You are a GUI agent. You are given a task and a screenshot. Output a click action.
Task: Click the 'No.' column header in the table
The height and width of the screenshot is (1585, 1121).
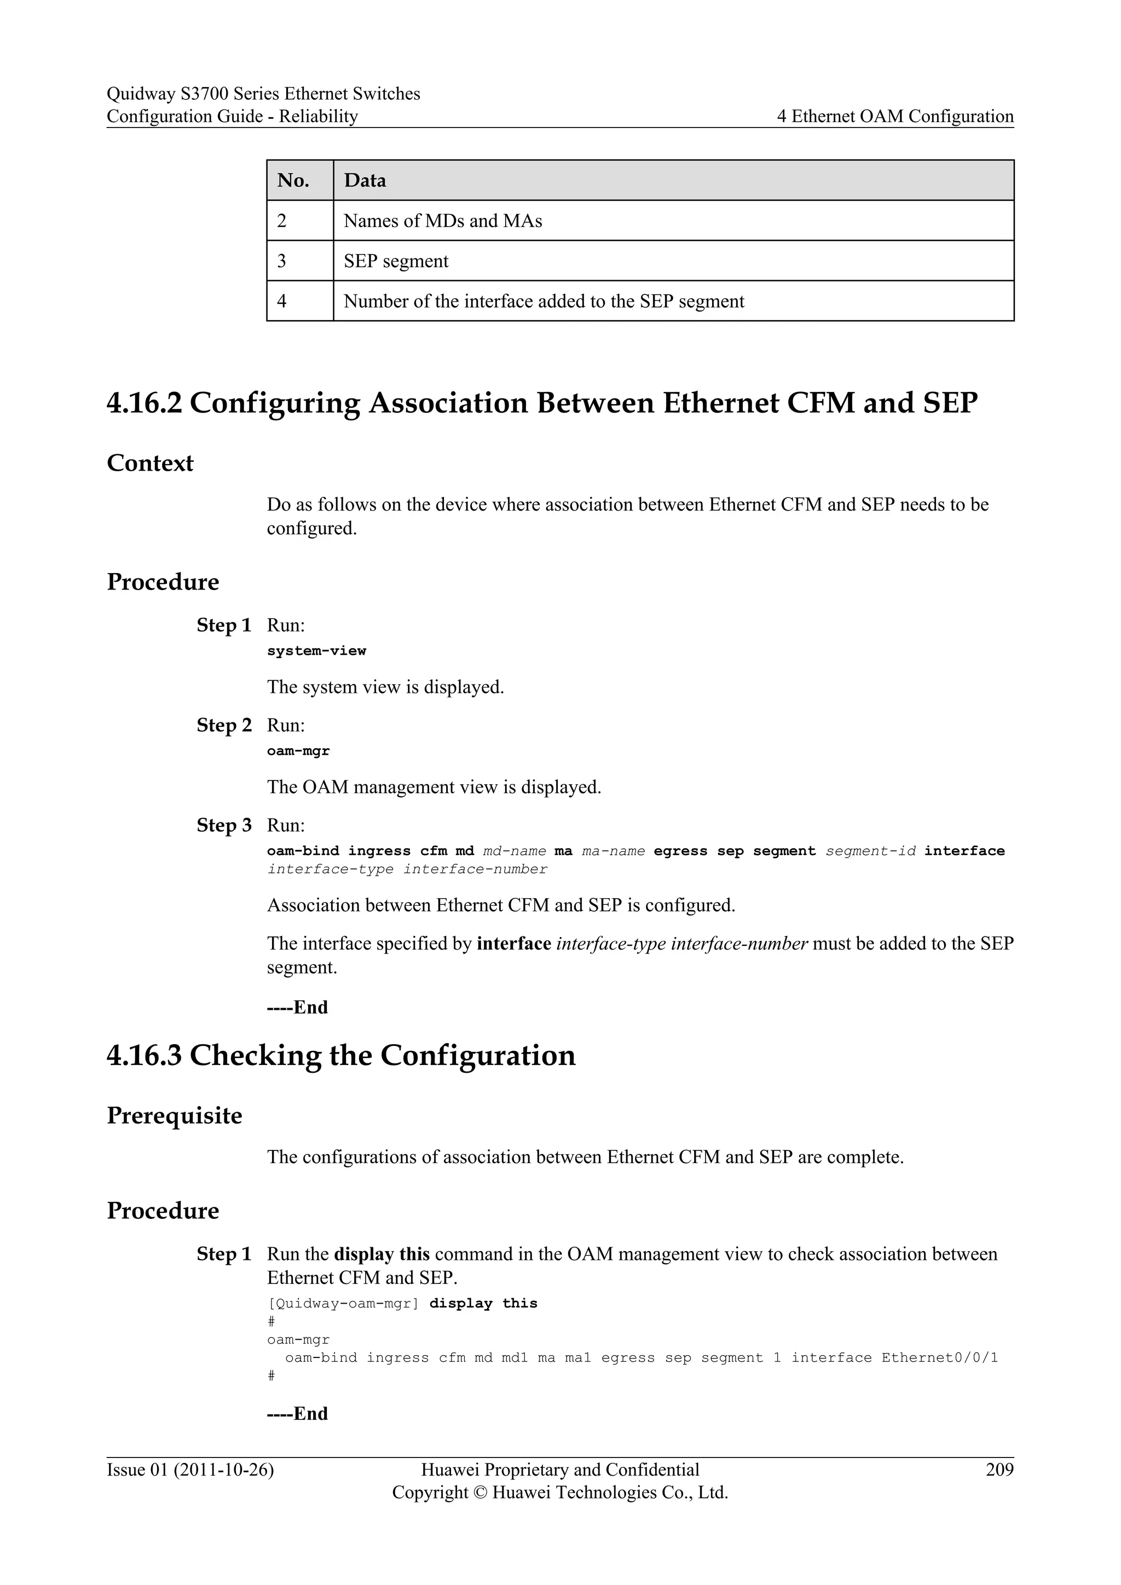(293, 180)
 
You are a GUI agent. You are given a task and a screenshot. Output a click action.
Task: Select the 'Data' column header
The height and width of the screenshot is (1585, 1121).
(365, 180)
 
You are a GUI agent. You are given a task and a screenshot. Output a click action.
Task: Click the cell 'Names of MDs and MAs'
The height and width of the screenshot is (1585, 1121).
(442, 221)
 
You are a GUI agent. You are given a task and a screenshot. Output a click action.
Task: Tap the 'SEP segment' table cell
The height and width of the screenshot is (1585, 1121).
(396, 261)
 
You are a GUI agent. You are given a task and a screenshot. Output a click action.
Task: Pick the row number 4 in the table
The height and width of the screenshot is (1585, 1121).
(282, 301)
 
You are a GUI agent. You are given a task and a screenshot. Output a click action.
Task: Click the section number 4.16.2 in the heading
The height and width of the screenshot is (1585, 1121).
(145, 403)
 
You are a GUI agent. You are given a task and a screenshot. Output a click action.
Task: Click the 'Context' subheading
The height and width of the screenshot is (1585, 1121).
(150, 463)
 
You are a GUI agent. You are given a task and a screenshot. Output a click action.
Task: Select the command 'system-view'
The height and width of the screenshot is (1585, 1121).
(316, 651)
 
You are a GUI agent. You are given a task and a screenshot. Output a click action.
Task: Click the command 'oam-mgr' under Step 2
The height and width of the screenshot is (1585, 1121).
(298, 751)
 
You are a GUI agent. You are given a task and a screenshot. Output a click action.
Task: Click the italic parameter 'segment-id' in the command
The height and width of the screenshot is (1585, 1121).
(870, 851)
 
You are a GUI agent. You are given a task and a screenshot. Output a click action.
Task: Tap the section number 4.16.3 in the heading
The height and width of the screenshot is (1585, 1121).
(145, 1056)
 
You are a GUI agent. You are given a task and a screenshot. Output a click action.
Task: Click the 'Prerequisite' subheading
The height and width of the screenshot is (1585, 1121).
(174, 1115)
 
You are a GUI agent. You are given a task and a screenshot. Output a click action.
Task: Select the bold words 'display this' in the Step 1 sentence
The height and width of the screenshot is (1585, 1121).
(382, 1254)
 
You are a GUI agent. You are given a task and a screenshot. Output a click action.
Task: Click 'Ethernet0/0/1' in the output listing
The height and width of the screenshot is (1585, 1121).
(939, 1358)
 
